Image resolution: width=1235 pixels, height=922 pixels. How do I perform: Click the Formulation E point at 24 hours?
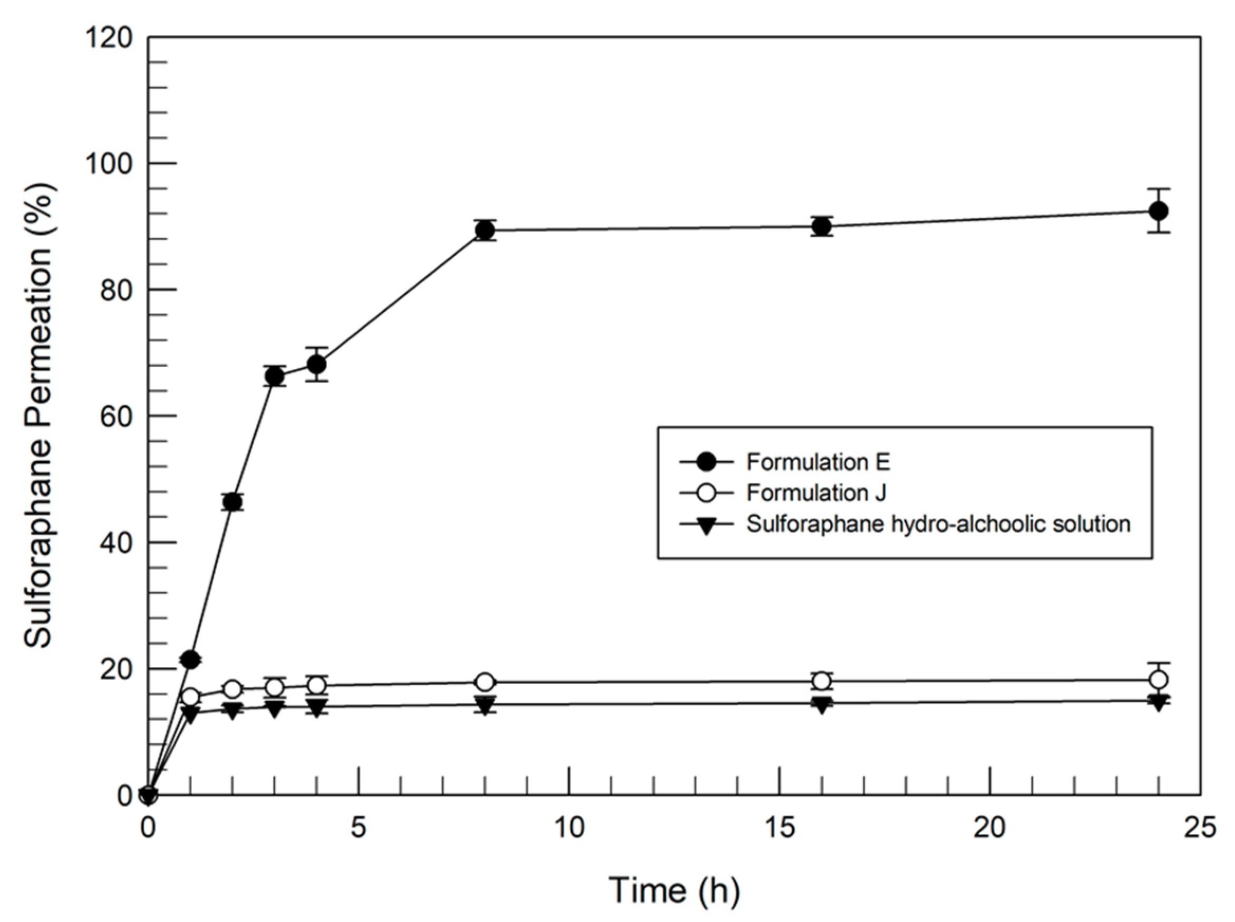pos(1158,211)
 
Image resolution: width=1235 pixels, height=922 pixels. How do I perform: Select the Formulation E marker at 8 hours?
pos(486,230)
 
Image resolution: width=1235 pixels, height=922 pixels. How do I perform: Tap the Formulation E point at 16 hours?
pos(821,227)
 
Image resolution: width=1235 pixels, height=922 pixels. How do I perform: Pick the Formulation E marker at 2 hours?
pos(233,502)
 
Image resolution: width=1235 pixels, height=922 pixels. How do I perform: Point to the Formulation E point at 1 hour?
pos(190,660)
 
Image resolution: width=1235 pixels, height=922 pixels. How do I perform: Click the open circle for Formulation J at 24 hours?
pos(1158,680)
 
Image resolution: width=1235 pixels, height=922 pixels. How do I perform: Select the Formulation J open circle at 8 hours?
pos(486,682)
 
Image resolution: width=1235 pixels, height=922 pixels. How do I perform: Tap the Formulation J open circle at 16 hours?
pos(821,681)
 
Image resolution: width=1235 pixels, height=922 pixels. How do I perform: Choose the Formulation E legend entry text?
pos(818,462)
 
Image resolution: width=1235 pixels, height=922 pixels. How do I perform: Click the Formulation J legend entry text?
pos(816,493)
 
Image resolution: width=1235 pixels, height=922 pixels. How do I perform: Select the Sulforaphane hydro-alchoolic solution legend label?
pos(938,525)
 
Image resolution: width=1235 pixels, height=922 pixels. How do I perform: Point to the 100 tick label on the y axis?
pos(108,163)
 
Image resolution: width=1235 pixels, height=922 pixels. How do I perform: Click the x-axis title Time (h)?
pos(674,891)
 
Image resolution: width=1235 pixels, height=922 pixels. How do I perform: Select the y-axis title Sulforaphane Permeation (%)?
pos(39,416)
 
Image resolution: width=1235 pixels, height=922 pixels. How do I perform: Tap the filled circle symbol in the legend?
pos(707,462)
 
